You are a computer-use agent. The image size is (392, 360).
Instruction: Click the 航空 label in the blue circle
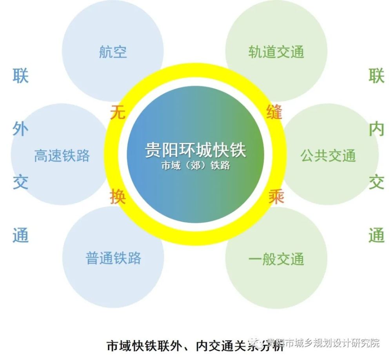point(113,52)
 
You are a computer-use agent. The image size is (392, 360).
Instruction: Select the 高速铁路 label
point(62,156)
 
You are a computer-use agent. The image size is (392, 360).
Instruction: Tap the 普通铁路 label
point(114,258)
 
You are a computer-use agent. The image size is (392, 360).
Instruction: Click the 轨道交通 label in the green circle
point(276,52)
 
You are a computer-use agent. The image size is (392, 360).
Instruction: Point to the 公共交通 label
point(328,156)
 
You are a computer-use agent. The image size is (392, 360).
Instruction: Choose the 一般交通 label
point(276,259)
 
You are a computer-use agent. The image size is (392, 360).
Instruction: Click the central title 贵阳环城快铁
point(196,150)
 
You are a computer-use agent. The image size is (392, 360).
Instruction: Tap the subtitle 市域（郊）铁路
point(196,165)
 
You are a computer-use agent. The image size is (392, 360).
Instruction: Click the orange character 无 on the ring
point(118,112)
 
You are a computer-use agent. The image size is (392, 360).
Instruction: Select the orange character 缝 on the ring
point(274,112)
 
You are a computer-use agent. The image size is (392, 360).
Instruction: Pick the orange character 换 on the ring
point(118,197)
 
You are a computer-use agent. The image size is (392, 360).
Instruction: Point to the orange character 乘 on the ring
point(276,197)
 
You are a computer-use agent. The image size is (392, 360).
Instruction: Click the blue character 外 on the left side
point(20,129)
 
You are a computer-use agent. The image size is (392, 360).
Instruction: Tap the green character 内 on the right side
point(376,129)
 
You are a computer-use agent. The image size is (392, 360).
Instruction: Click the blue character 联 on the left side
point(20,76)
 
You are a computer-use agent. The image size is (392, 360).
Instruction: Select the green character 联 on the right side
point(376,76)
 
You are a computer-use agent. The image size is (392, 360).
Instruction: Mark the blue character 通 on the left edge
point(20,235)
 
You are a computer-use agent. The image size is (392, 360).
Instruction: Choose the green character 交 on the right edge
point(376,182)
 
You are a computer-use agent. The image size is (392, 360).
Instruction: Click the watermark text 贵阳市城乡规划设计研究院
point(323,343)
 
